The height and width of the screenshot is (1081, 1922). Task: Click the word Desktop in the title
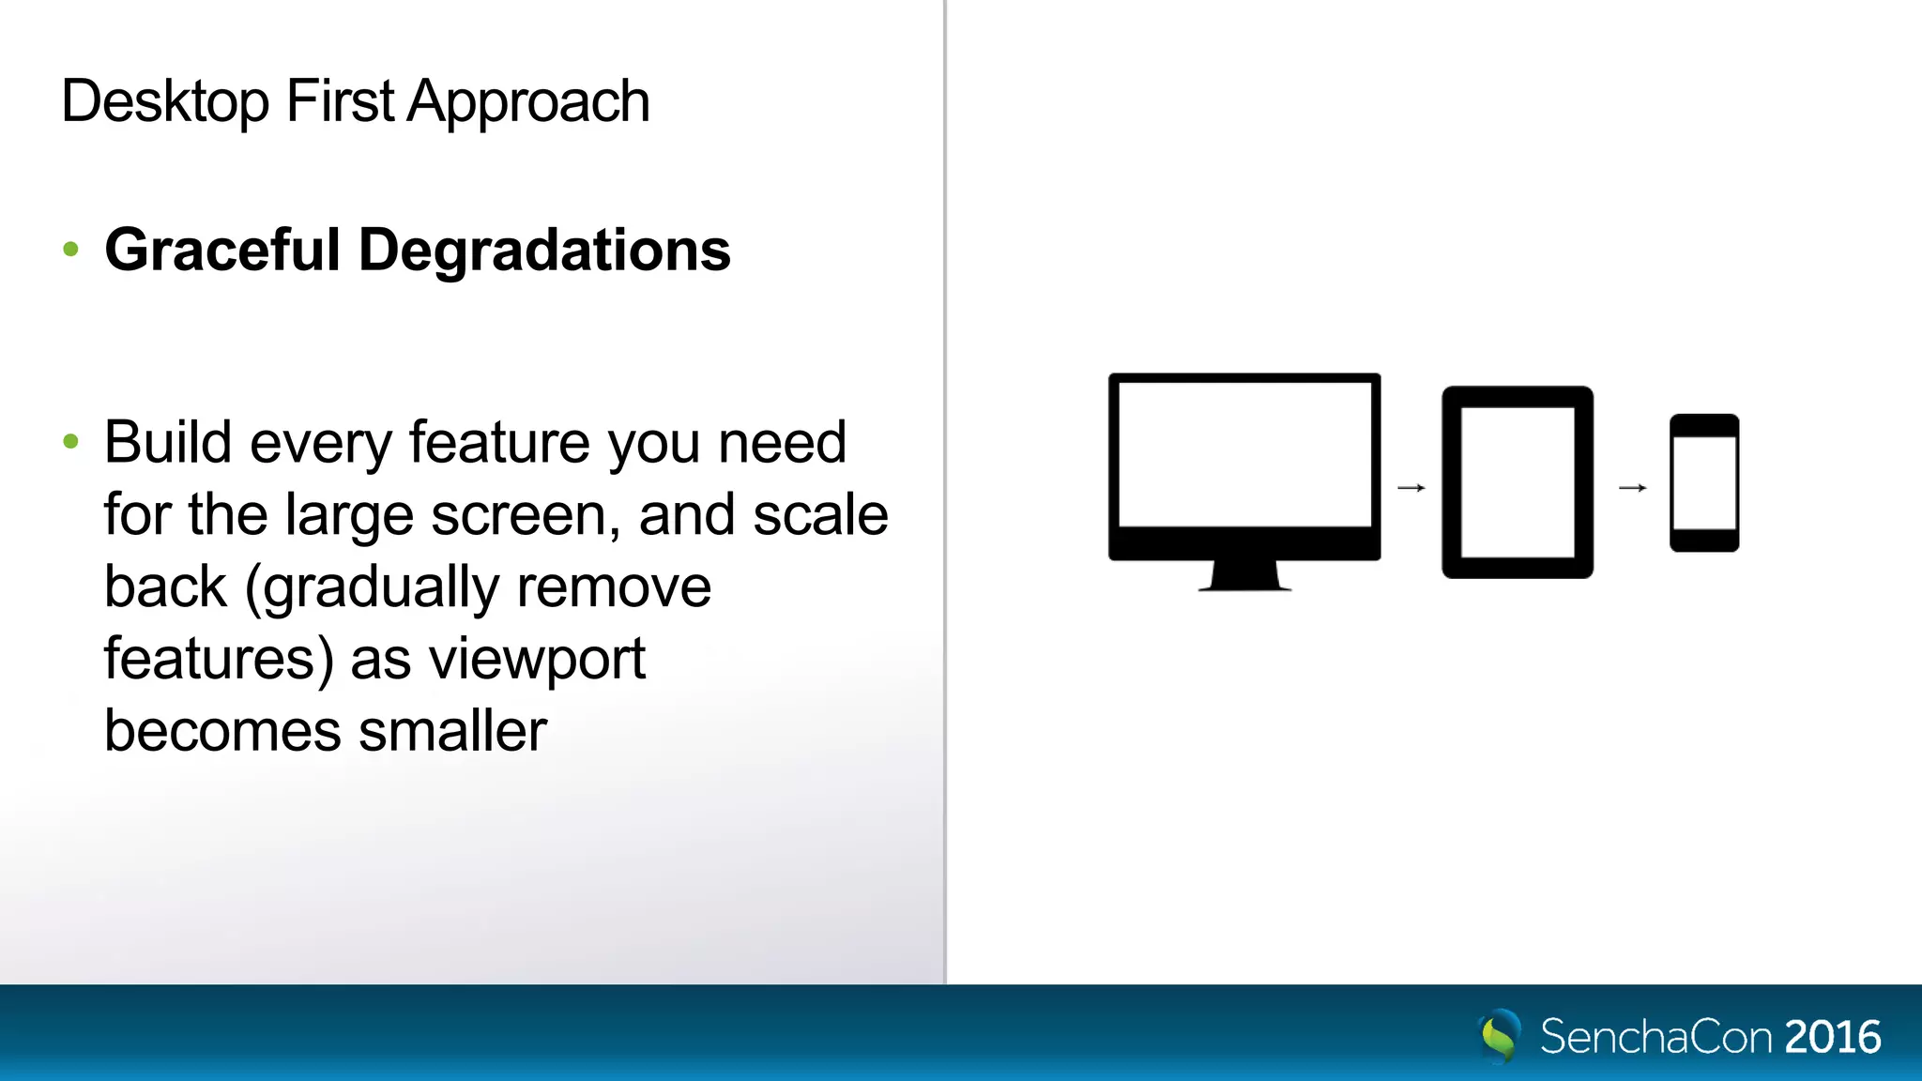click(164, 101)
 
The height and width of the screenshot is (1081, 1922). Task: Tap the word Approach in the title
click(527, 101)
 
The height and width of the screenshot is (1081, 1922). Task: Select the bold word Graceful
click(221, 251)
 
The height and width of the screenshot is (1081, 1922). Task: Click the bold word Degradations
click(544, 251)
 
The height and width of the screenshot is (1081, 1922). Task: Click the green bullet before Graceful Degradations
click(70, 249)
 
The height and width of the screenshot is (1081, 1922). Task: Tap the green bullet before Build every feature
click(70, 441)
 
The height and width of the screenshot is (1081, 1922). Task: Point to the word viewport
click(537, 660)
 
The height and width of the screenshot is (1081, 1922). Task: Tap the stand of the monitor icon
click(1244, 575)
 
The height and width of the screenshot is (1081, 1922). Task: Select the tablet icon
click(1517, 481)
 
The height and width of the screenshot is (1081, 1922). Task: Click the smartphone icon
click(1704, 482)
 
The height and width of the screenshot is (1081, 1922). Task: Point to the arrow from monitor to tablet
click(1411, 488)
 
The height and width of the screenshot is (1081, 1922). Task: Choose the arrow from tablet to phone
click(1632, 488)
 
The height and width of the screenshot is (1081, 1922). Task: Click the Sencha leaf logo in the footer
click(1499, 1036)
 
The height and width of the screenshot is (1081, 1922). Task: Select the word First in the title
click(340, 101)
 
